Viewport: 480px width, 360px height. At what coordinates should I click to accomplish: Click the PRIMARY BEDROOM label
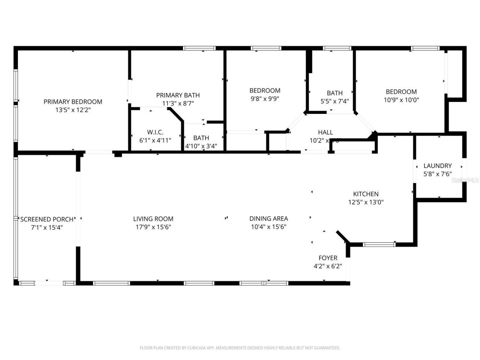73,102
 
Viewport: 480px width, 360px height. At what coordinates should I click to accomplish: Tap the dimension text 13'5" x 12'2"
73,110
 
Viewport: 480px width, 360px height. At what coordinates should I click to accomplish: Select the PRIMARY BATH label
178,95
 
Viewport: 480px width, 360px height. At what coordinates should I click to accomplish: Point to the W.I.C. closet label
155,132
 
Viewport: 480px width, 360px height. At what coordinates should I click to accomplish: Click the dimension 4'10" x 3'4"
201,146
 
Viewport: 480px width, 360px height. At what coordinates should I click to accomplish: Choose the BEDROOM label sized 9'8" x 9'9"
265,90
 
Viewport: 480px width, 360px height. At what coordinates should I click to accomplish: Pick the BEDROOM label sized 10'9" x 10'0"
401,91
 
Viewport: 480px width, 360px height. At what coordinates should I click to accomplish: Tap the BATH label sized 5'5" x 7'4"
334,93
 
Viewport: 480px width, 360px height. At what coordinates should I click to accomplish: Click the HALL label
325,132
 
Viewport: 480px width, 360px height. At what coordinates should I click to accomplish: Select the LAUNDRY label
437,166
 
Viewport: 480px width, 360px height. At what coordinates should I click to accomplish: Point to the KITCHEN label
366,194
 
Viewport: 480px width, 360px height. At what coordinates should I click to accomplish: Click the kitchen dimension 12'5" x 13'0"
366,202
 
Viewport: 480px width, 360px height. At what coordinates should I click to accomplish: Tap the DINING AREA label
268,218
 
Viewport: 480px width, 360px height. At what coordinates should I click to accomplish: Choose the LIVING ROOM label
153,219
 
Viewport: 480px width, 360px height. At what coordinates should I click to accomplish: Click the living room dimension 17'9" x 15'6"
153,227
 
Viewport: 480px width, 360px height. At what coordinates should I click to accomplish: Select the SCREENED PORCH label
47,219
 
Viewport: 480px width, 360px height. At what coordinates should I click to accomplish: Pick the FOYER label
328,258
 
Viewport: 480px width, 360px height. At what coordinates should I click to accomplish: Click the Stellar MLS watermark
465,180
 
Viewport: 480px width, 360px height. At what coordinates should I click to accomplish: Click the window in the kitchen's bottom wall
379,244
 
